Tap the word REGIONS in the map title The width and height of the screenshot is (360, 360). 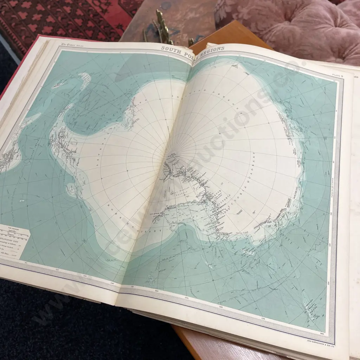click(211, 49)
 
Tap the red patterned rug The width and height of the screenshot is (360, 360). click(53, 18)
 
